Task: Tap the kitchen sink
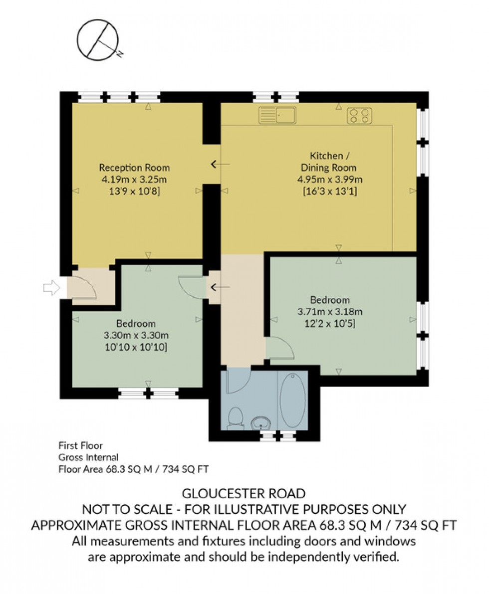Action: (277, 115)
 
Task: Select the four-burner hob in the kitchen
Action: (360, 115)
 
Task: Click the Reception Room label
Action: (134, 167)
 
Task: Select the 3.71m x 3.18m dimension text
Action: (330, 313)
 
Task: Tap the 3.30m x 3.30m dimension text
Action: (136, 335)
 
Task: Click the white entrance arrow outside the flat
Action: (51, 287)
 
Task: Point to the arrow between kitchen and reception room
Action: (220, 164)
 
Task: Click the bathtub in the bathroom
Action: (292, 399)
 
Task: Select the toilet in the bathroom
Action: (235, 417)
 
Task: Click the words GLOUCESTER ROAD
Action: (244, 494)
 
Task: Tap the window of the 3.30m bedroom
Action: (149, 394)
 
